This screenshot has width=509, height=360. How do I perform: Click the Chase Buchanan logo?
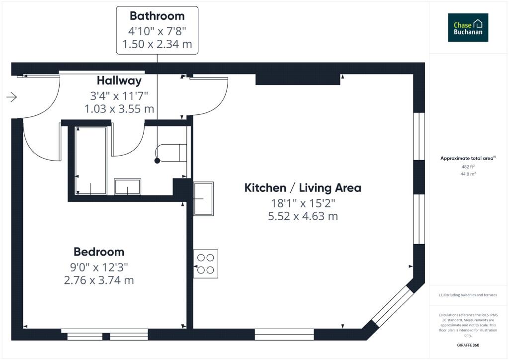[x=468, y=27]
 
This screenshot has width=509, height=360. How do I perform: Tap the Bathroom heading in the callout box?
[x=157, y=16]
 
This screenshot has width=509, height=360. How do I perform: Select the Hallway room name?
[x=119, y=81]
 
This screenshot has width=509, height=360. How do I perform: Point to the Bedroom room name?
[x=99, y=252]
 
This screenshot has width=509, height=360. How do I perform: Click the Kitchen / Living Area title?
[x=303, y=188]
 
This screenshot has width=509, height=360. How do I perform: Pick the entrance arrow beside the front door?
[x=12, y=97]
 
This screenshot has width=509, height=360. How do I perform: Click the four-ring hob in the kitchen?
[x=206, y=264]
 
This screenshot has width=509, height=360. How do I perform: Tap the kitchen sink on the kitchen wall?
[x=203, y=199]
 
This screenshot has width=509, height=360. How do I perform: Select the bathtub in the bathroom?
[x=91, y=161]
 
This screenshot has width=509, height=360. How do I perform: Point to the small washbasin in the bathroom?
[x=128, y=186]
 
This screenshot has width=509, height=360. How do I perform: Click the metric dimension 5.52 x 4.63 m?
[x=303, y=216]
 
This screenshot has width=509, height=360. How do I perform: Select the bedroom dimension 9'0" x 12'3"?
[x=99, y=267]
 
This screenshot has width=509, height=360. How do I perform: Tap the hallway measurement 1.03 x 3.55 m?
[x=119, y=109]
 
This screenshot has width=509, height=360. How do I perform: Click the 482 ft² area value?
[x=468, y=167]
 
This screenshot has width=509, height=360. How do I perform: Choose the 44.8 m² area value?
[x=468, y=174]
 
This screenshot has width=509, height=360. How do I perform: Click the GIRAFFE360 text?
[x=468, y=345]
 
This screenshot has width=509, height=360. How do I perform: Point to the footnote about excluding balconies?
[x=468, y=295]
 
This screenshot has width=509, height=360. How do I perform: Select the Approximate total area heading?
[x=468, y=159]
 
